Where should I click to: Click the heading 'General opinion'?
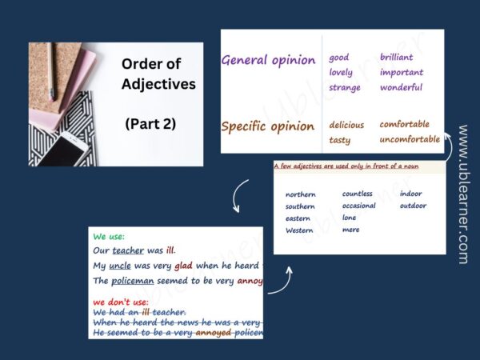(x=268, y=60)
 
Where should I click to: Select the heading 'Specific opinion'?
(x=268, y=126)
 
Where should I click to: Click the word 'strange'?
(x=345, y=87)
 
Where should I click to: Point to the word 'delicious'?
(x=346, y=125)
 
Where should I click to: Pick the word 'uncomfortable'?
(x=410, y=139)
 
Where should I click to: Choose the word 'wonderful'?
(x=402, y=87)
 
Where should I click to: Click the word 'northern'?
(x=301, y=194)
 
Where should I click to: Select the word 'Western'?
(x=300, y=230)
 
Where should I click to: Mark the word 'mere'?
(x=350, y=230)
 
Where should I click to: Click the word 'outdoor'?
(x=413, y=206)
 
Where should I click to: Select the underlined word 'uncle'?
(x=121, y=266)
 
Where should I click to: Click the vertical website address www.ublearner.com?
(x=463, y=194)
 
